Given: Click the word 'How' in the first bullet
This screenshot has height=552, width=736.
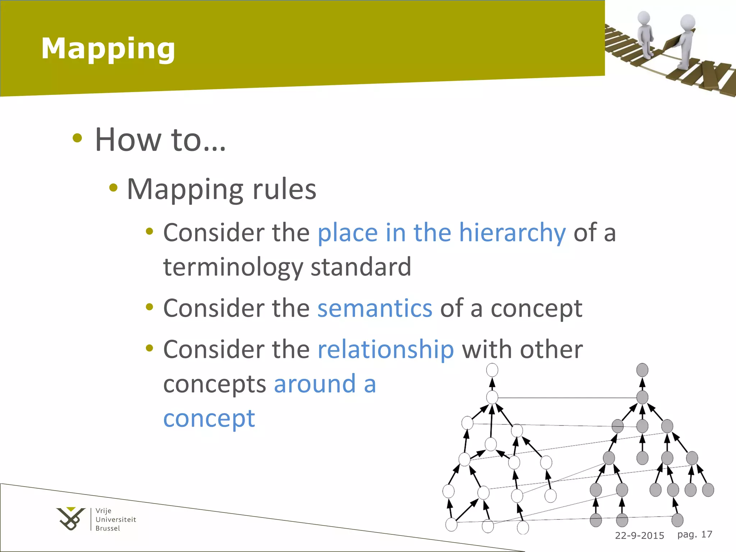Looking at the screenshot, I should pyautogui.click(x=128, y=140).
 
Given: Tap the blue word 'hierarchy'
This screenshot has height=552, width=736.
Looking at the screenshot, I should pyautogui.click(x=512, y=233).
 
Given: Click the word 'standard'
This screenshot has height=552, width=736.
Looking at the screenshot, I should pyautogui.click(x=361, y=267).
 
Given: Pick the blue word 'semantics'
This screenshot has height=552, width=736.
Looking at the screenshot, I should pyautogui.click(x=375, y=308).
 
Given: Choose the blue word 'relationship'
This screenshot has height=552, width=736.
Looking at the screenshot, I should pyautogui.click(x=386, y=349).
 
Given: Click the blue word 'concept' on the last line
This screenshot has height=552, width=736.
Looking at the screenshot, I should pyautogui.click(x=209, y=418).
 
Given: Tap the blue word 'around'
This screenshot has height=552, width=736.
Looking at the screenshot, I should pyautogui.click(x=315, y=384).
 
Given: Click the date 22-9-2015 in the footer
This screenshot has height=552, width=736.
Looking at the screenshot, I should pyautogui.click(x=639, y=535).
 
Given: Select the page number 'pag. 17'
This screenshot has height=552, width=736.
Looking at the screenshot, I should pyautogui.click(x=694, y=534).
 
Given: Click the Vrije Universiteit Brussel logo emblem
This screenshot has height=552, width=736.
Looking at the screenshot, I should pyautogui.click(x=71, y=518).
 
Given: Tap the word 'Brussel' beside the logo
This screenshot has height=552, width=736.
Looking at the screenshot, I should pyautogui.click(x=108, y=528).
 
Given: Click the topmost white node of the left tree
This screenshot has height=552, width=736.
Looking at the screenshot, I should pyautogui.click(x=492, y=370).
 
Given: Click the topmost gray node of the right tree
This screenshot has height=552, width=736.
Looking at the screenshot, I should pyautogui.click(x=642, y=370).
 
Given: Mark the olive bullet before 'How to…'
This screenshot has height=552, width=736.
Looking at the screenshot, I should pyautogui.click(x=77, y=138).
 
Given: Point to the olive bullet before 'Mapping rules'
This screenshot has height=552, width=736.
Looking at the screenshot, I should pyautogui.click(x=114, y=187).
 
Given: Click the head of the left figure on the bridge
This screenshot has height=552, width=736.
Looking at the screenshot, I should pyautogui.click(x=644, y=18).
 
